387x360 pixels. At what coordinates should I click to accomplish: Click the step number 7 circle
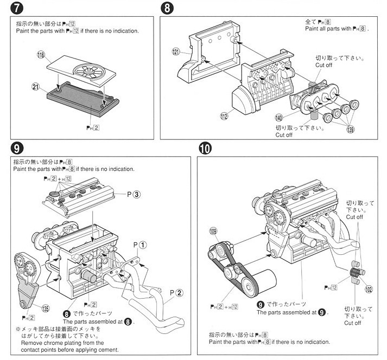15,9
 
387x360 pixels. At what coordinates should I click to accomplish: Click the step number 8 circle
167,9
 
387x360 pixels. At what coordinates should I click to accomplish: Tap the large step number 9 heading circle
15,148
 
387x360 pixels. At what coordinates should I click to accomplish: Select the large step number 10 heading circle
205,148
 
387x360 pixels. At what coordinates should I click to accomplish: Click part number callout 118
40,56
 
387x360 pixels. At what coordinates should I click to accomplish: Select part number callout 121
175,52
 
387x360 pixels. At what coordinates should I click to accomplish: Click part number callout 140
279,117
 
